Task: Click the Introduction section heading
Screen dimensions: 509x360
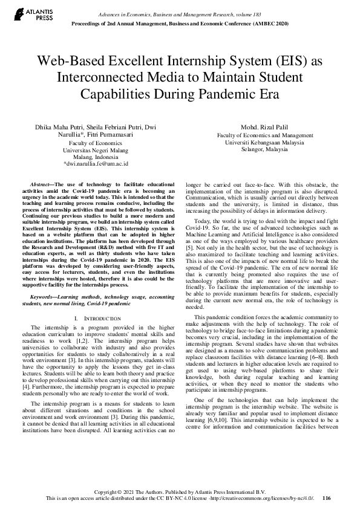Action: tap(99, 317)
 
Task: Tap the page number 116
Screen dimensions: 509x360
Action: tap(327, 498)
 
